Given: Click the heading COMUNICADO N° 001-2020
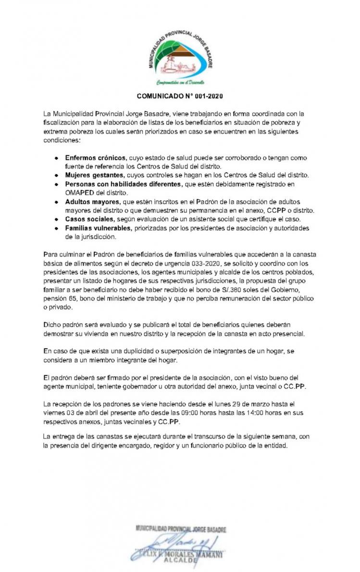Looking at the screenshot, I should [x=180, y=96].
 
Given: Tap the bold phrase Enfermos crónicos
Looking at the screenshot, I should [x=96, y=158].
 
